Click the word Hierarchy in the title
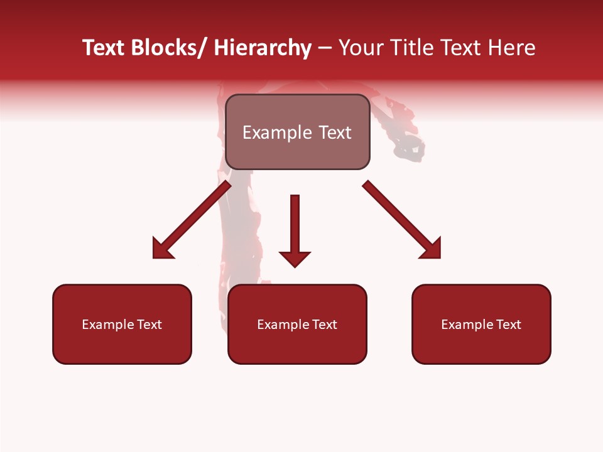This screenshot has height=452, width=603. [x=263, y=48]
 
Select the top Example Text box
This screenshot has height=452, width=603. [x=297, y=132]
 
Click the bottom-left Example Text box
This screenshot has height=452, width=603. [x=122, y=324]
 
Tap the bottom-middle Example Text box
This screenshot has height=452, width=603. [x=297, y=324]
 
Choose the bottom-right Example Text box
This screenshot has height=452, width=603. [x=481, y=324]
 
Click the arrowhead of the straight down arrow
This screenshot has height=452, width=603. [x=295, y=258]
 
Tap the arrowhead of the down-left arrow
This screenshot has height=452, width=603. [x=161, y=249]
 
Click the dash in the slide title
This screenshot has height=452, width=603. [x=325, y=48]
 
